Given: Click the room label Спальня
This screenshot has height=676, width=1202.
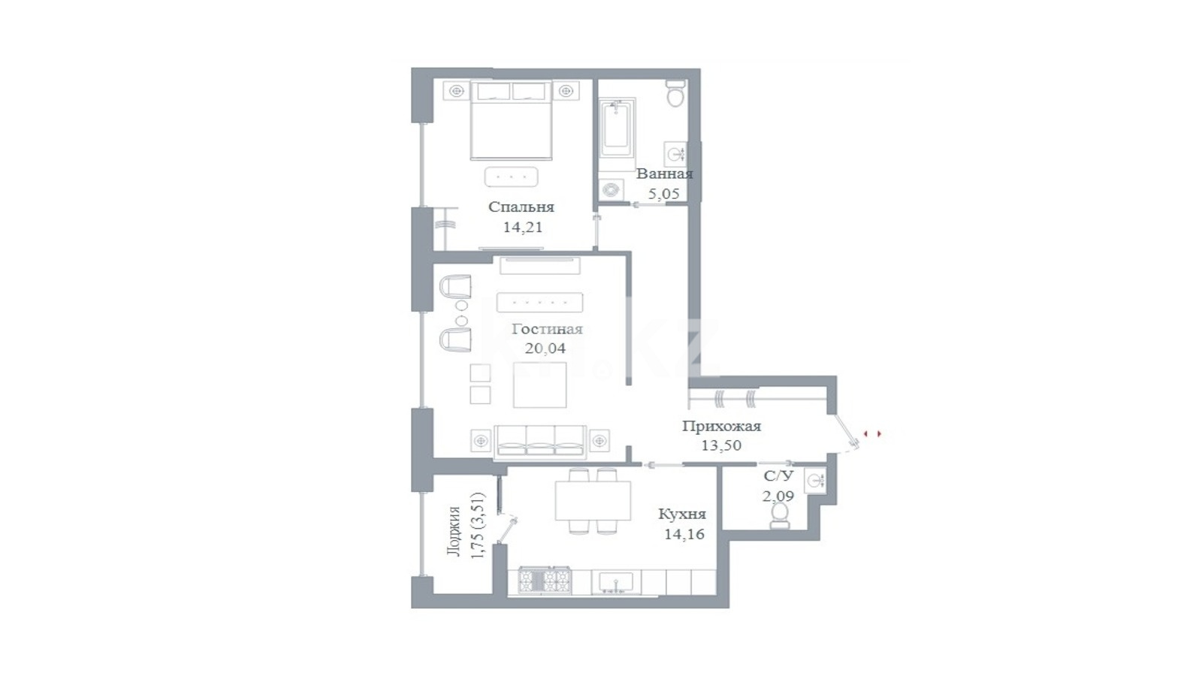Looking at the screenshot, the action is (521, 207).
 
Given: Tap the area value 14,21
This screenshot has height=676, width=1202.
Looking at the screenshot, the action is (522, 227).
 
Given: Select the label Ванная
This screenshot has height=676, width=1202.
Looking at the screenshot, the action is (664, 174).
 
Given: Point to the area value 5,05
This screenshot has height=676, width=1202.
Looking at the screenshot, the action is (664, 194).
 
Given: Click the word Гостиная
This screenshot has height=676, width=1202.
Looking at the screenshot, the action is (547, 329).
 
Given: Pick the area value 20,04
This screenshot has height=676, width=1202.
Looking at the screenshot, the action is (545, 349).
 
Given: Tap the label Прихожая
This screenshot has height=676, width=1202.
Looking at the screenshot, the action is (722, 427).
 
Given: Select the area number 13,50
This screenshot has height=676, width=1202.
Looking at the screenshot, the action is (722, 445).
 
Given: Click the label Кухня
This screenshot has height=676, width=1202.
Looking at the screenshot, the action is (683, 515).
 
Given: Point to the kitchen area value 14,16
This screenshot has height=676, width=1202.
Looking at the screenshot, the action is (684, 534).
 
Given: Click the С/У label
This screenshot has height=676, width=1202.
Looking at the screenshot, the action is (778, 476).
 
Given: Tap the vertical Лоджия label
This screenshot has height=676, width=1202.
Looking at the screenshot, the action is (455, 530).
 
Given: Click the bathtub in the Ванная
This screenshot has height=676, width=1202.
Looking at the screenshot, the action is (617, 127).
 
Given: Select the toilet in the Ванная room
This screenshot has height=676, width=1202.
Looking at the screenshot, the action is (675, 93).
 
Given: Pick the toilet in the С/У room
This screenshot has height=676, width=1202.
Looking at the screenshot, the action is (779, 515).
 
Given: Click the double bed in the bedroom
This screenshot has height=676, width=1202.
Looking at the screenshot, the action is (512, 119).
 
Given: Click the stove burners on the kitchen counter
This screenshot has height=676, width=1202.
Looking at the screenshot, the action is (545, 580).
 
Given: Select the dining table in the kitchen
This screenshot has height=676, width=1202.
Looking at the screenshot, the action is (593, 500).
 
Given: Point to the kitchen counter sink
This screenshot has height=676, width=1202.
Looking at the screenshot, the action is (615, 582).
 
